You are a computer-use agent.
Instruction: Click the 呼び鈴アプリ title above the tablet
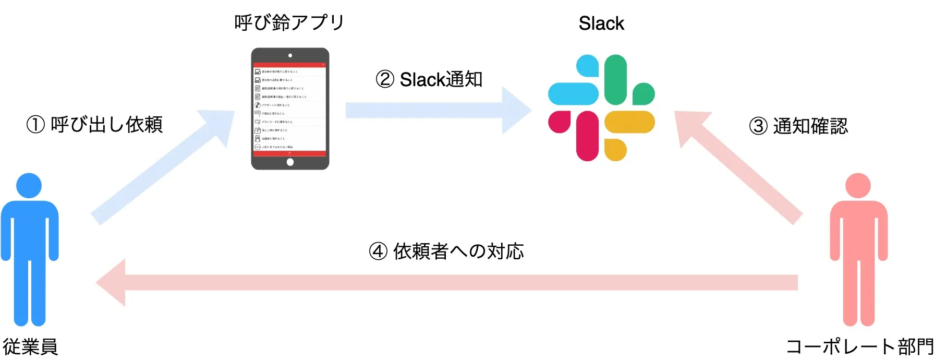click(x=289, y=22)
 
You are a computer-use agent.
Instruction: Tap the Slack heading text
click(x=601, y=23)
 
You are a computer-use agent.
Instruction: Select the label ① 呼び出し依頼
click(x=95, y=125)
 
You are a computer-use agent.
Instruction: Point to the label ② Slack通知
click(x=429, y=79)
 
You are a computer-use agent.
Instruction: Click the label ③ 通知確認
click(x=798, y=126)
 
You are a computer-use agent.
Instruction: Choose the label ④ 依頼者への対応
click(x=446, y=251)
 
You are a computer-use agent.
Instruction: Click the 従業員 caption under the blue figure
click(x=30, y=347)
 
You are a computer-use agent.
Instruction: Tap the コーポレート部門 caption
click(x=859, y=347)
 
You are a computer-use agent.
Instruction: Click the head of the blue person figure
click(x=29, y=186)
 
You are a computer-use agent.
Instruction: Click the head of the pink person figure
click(x=858, y=186)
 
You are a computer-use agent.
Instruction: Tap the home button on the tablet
click(x=290, y=162)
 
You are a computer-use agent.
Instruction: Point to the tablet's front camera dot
click(x=290, y=55)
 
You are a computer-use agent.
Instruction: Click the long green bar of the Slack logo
click(x=615, y=79)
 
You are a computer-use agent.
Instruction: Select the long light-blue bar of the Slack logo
click(x=573, y=94)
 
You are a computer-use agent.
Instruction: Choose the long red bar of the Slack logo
click(x=587, y=136)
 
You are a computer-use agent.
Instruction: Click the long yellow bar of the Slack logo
click(x=629, y=122)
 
